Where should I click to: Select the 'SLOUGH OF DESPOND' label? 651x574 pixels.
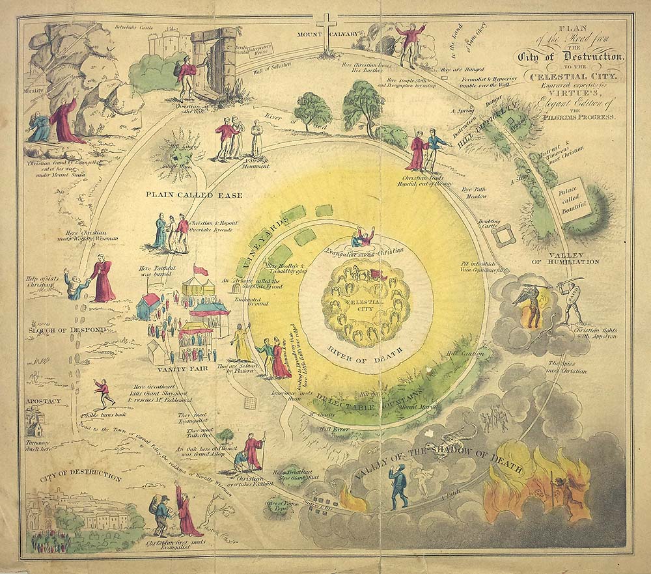click(67, 331)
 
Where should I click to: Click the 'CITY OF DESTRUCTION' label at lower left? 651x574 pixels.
click(81, 478)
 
